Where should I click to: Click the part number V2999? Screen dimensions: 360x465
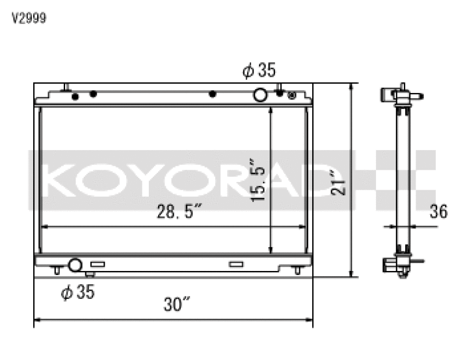30,18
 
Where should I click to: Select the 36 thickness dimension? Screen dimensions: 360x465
439,212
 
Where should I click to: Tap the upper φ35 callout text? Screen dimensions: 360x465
259,71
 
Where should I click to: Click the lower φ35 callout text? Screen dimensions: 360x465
77,293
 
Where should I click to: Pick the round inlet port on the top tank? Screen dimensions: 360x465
260,95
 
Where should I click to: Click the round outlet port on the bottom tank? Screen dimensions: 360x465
75,265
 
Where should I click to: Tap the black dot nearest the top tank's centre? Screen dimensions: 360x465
213,94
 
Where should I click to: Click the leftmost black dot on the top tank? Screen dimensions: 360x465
74,97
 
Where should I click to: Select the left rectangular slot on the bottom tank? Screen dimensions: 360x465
98,264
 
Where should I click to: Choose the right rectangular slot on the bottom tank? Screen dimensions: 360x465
235,264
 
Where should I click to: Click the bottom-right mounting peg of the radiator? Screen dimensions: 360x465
297,270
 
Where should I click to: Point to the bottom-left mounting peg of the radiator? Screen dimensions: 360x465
57,270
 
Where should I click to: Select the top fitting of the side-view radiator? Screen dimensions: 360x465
400,96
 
